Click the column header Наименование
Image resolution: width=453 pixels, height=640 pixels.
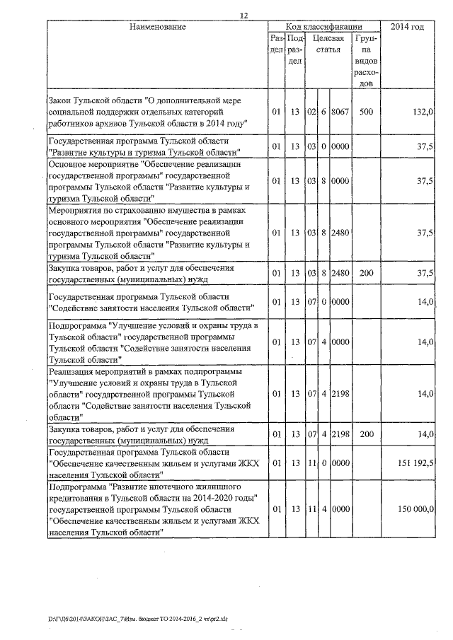pyautogui.click(x=157, y=27)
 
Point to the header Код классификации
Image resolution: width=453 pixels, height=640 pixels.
pyautogui.click(x=323, y=26)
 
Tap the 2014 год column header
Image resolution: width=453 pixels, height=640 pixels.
pyautogui.click(x=408, y=27)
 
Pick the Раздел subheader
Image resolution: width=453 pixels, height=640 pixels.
pyautogui.click(x=277, y=45)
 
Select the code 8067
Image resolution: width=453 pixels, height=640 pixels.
pyautogui.click(x=340, y=112)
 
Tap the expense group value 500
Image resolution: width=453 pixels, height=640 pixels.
pyautogui.click(x=366, y=112)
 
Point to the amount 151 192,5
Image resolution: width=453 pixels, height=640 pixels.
pyautogui.click(x=412, y=462)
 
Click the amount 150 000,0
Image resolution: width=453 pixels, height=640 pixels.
pyautogui.click(x=412, y=509)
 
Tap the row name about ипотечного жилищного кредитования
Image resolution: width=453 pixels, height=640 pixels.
pyautogui.click(x=153, y=509)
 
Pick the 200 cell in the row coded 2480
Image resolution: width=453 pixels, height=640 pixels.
pyautogui.click(x=366, y=272)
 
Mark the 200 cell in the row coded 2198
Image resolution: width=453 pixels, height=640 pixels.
pyautogui.click(x=366, y=434)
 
